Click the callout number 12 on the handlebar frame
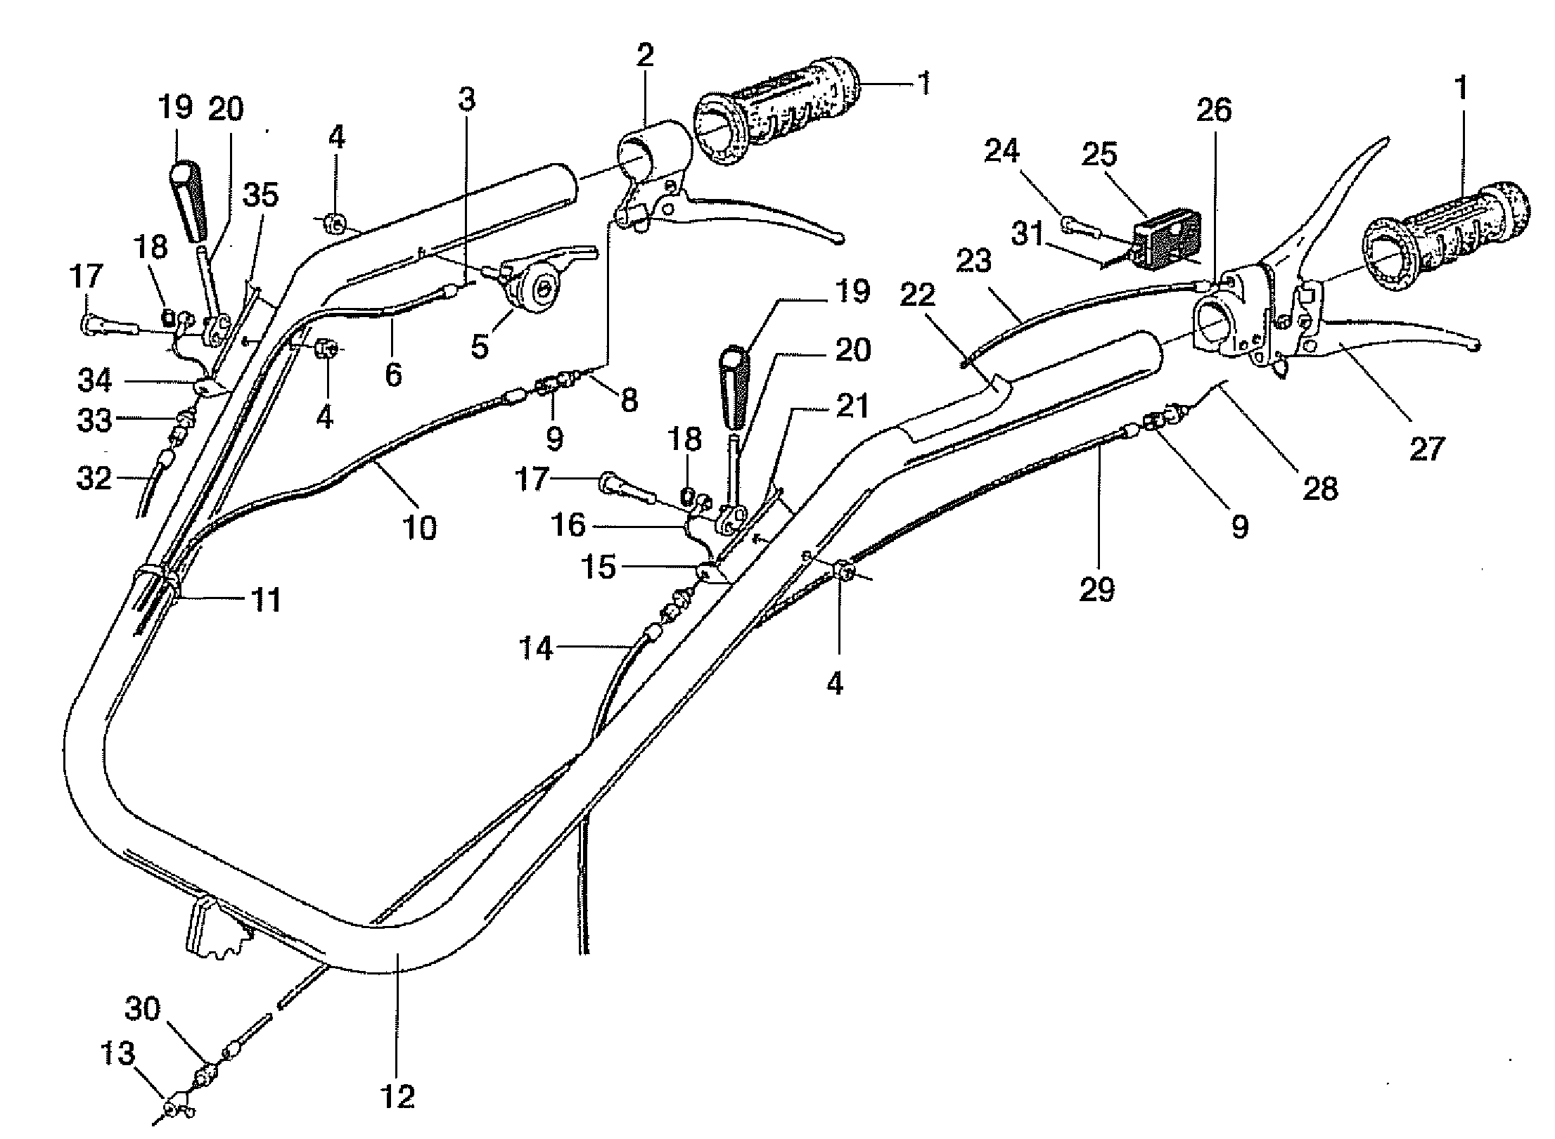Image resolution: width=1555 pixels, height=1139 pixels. pyautogui.click(x=398, y=1096)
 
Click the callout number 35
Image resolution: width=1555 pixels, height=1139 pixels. pyautogui.click(x=260, y=195)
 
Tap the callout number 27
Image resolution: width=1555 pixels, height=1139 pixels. pyautogui.click(x=1426, y=449)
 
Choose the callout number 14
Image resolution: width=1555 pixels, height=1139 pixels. pyautogui.click(x=537, y=648)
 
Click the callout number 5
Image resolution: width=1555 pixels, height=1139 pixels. pyautogui.click(x=480, y=346)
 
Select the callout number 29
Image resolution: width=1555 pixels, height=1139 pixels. pyautogui.click(x=1097, y=588)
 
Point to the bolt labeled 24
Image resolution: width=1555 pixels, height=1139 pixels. pyautogui.click(x=1079, y=226)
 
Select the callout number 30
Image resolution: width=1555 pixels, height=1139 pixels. pyautogui.click(x=143, y=1009)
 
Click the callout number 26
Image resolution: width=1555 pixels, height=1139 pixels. pyautogui.click(x=1215, y=111)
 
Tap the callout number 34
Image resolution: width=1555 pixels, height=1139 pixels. pyautogui.click(x=95, y=380)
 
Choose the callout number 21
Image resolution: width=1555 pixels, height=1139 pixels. pyautogui.click(x=852, y=406)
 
